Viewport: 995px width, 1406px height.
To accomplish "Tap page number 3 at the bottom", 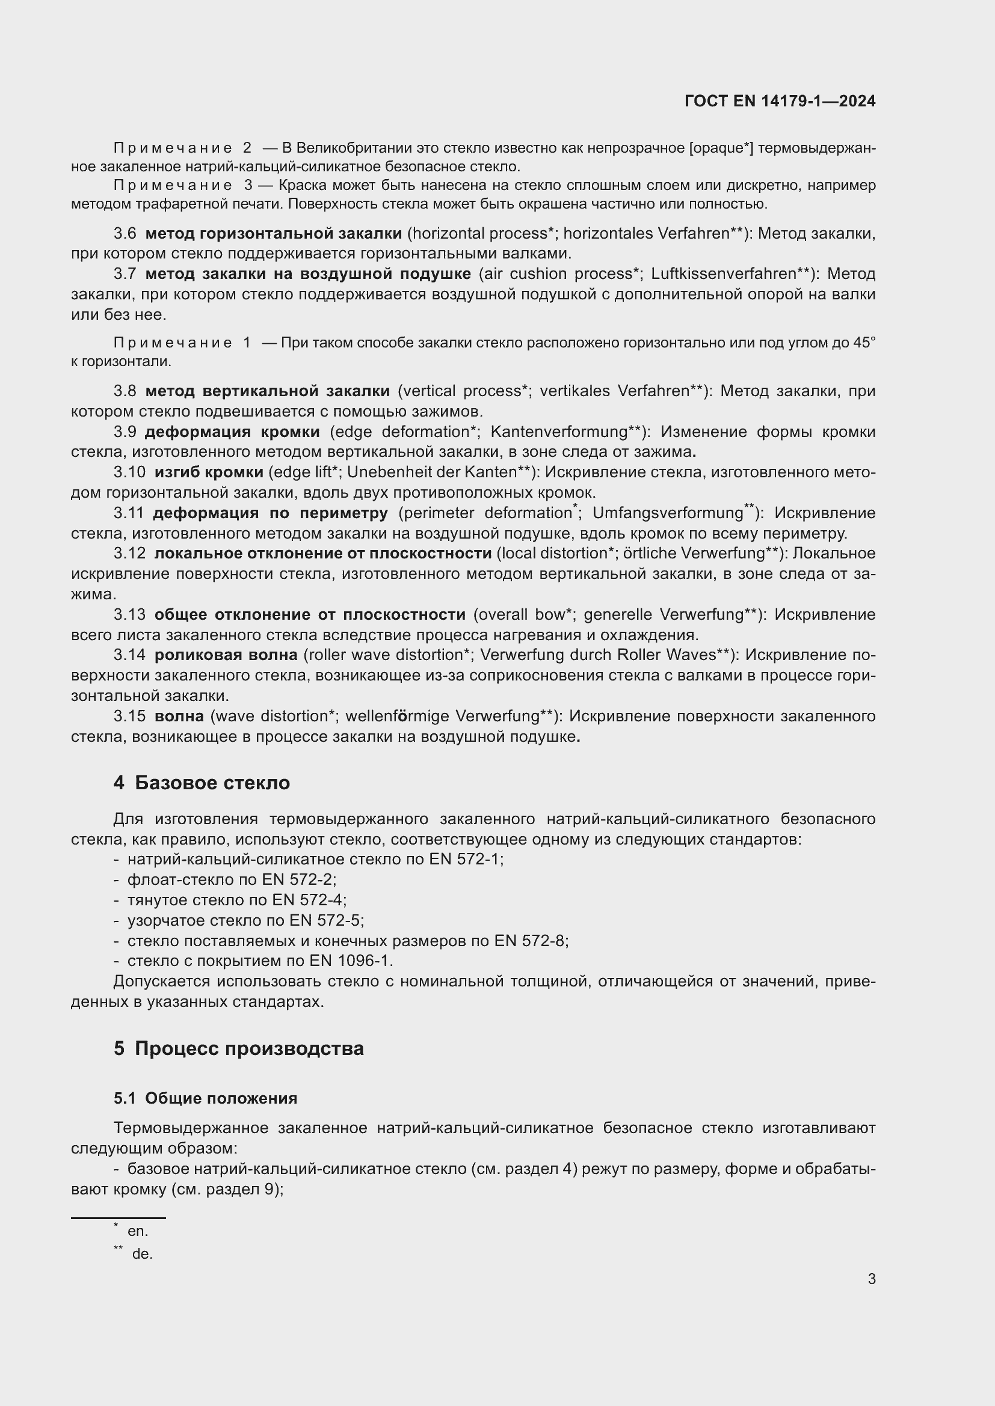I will click(x=871, y=1279).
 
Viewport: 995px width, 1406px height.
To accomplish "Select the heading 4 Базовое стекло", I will click(x=202, y=783).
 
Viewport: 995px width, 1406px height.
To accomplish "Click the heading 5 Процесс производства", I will click(x=238, y=1048).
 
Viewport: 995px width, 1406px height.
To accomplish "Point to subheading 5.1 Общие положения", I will click(x=205, y=1098).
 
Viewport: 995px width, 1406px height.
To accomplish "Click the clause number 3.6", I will click(x=125, y=233).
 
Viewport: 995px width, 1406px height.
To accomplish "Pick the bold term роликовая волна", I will click(x=226, y=655).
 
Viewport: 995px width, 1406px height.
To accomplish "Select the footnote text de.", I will click(x=142, y=1253).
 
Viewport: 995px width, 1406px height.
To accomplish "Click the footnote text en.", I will click(x=138, y=1231).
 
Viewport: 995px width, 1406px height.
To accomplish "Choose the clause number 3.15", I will click(x=129, y=716).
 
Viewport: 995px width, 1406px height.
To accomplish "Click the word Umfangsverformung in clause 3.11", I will click(x=667, y=513).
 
